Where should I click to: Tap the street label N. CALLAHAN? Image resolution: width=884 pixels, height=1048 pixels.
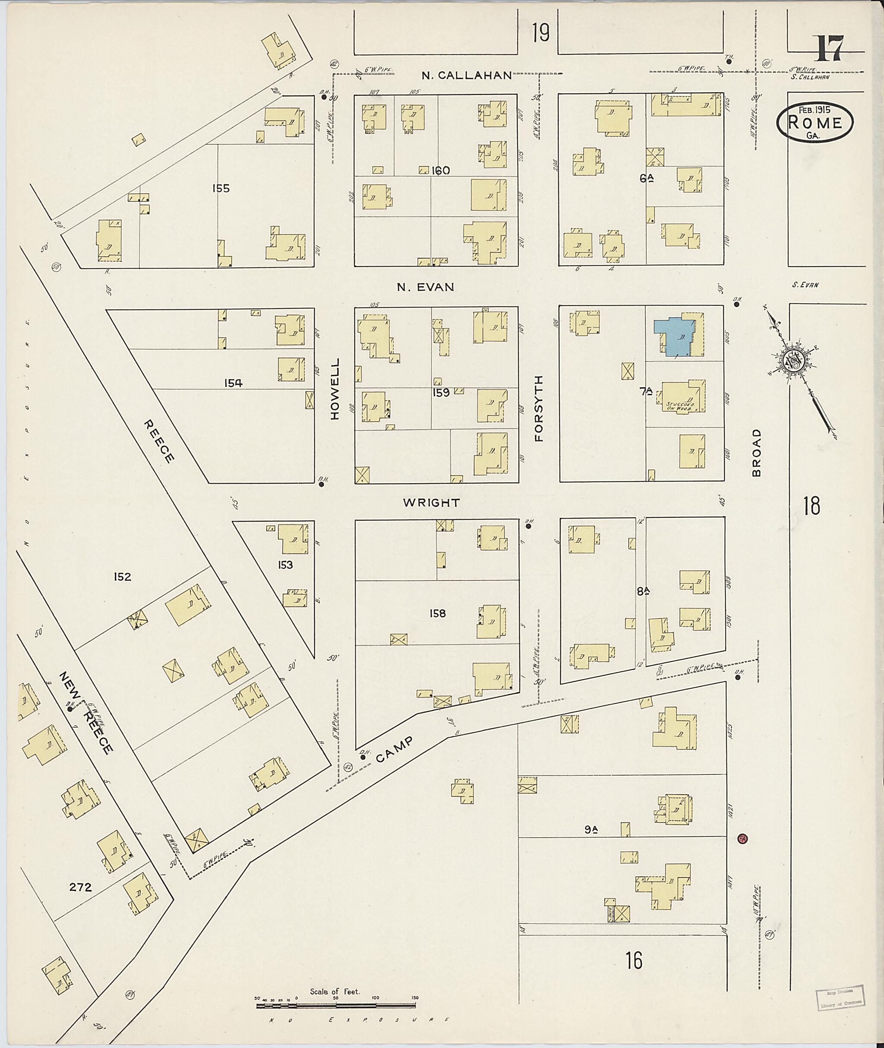click(466, 76)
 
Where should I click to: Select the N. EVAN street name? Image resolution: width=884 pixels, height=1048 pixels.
click(426, 287)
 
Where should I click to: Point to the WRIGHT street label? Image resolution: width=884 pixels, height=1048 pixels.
click(432, 503)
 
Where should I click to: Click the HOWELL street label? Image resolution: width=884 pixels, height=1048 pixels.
click(335, 388)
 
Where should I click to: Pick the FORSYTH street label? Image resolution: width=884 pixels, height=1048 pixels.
click(539, 408)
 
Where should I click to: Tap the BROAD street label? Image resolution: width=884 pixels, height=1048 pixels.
click(756, 452)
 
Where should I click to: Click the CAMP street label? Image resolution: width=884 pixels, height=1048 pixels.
click(395, 749)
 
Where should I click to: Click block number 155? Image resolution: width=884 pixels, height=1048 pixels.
click(221, 189)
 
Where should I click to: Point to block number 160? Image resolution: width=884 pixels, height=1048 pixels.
click(441, 171)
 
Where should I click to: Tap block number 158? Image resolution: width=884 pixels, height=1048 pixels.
click(438, 613)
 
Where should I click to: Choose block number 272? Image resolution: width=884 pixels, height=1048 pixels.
click(80, 887)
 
